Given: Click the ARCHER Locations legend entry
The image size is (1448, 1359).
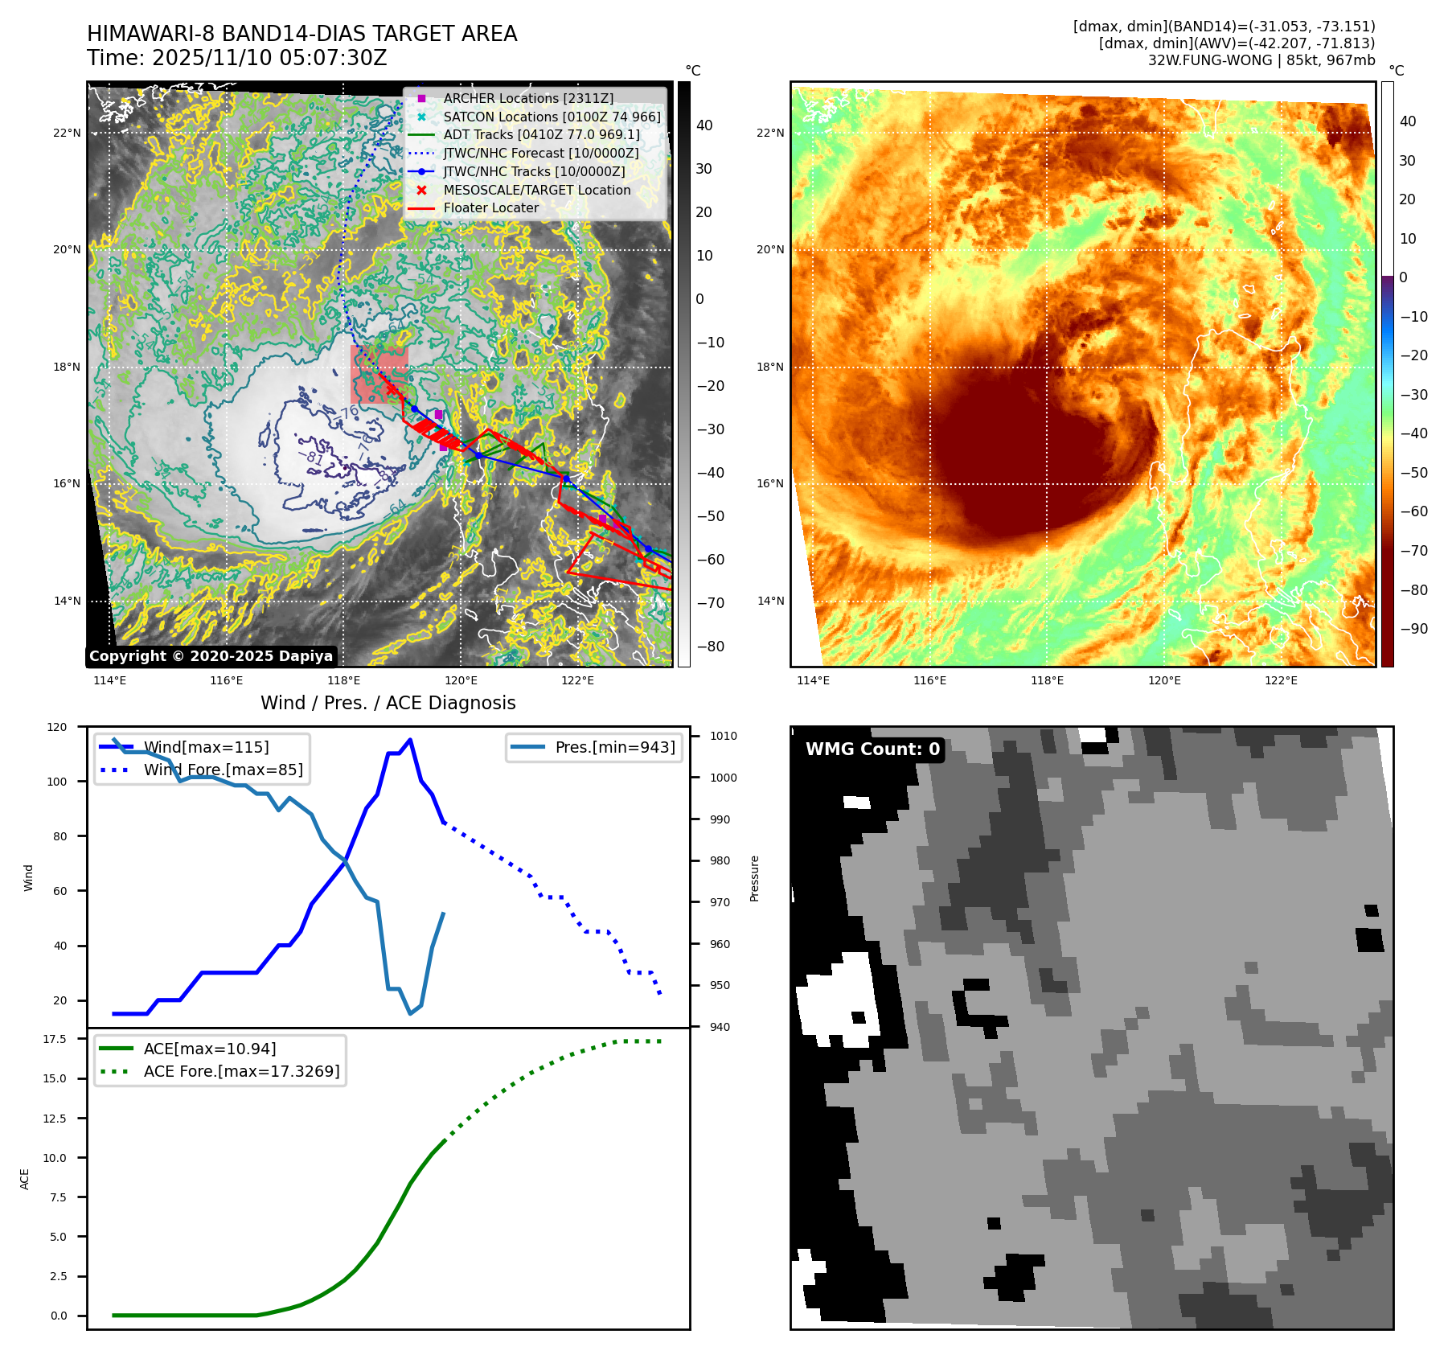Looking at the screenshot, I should pyautogui.click(x=528, y=98).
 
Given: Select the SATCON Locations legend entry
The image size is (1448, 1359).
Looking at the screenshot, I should pyautogui.click(x=552, y=117).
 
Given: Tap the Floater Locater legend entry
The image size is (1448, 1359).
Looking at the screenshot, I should pyautogui.click(x=490, y=207).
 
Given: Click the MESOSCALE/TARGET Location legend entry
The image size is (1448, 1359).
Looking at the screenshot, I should pyautogui.click(x=536, y=190).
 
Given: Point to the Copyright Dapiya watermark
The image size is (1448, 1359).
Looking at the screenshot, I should pyautogui.click(x=211, y=656).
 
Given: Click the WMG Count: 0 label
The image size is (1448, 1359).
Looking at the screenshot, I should pyautogui.click(x=872, y=749).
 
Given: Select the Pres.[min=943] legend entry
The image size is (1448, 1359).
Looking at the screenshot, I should pyautogui.click(x=615, y=747).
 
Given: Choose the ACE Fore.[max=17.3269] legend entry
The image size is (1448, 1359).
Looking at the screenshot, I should pyautogui.click(x=241, y=1071).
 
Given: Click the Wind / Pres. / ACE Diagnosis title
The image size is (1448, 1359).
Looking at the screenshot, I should pyautogui.click(x=388, y=703).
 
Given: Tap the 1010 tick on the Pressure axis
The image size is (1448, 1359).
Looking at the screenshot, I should pyautogui.click(x=723, y=736).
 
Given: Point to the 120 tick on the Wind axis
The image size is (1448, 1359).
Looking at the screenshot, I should pyautogui.click(x=57, y=727).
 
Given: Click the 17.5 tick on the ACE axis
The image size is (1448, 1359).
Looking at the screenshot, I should pyautogui.click(x=55, y=1039).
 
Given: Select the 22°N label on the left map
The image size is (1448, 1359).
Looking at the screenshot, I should pyautogui.click(x=67, y=133).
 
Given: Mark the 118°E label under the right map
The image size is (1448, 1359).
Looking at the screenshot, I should pyautogui.click(x=1047, y=681).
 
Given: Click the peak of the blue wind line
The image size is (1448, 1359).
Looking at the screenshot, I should pyautogui.click(x=410, y=740).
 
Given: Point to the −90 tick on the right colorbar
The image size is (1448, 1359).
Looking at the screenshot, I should pyautogui.click(x=1413, y=629).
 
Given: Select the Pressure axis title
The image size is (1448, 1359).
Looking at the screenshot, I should pyautogui.click(x=754, y=878).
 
